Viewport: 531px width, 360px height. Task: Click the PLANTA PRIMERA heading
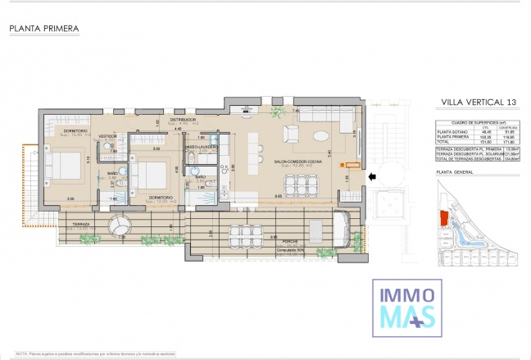coord(44,29)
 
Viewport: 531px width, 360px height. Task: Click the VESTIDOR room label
coord(107,136)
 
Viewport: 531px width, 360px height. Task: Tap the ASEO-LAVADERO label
coord(201,147)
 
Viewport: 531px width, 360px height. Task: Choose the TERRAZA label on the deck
coord(80,223)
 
